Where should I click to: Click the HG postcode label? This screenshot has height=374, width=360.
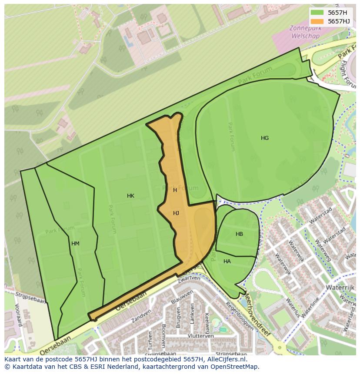click(x=265, y=138)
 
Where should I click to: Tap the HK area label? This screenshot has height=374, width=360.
click(x=130, y=196)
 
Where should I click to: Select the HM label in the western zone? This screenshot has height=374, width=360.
click(x=75, y=244)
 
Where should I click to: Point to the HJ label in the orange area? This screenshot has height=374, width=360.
click(x=176, y=213)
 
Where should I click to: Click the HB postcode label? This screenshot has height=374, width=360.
click(x=239, y=234)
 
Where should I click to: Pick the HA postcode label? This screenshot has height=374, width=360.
click(x=227, y=261)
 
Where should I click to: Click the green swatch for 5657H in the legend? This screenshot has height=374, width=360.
click(x=317, y=12)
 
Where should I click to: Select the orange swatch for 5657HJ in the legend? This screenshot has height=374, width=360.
click(x=317, y=21)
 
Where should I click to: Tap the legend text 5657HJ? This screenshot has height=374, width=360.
click(x=339, y=21)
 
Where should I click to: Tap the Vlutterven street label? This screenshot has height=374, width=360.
click(x=200, y=336)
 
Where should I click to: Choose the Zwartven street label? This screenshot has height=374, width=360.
click(x=188, y=278)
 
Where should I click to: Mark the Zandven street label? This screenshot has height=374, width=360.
click(x=141, y=315)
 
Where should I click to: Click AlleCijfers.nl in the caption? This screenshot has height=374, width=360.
click(x=226, y=359)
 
